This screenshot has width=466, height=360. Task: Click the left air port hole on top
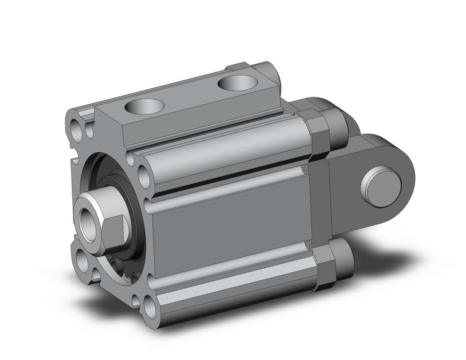pyautogui.click(x=142, y=107)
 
